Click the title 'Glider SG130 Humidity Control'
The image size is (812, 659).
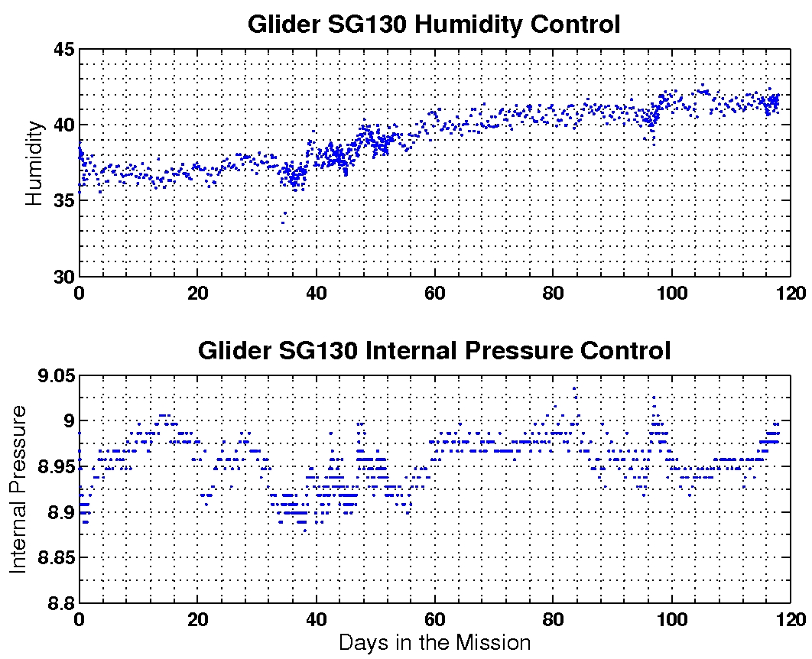point(434,24)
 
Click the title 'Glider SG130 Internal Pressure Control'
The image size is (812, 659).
point(434,351)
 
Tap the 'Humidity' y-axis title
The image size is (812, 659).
point(34,177)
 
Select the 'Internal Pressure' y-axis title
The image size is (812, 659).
point(18,489)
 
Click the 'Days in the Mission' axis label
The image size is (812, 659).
point(434,642)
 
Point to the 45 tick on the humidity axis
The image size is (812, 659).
point(63,50)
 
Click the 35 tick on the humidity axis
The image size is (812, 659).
point(63,200)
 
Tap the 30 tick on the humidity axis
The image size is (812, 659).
point(63,276)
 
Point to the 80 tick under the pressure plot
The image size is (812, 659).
point(554,620)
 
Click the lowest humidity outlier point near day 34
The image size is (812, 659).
point(282,222)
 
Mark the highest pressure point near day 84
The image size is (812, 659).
point(575,388)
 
